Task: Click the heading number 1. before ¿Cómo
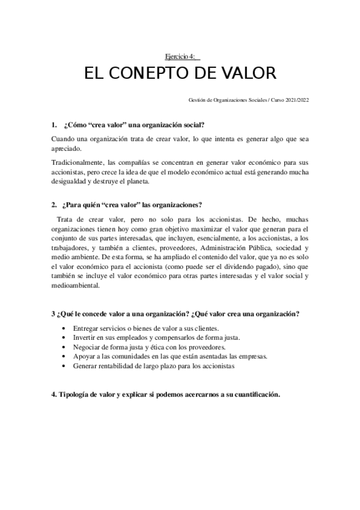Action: (x=53, y=125)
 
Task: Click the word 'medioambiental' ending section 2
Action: (x=76, y=286)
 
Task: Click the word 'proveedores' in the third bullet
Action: (x=206, y=347)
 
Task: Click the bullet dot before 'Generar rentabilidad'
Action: (x=64, y=365)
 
